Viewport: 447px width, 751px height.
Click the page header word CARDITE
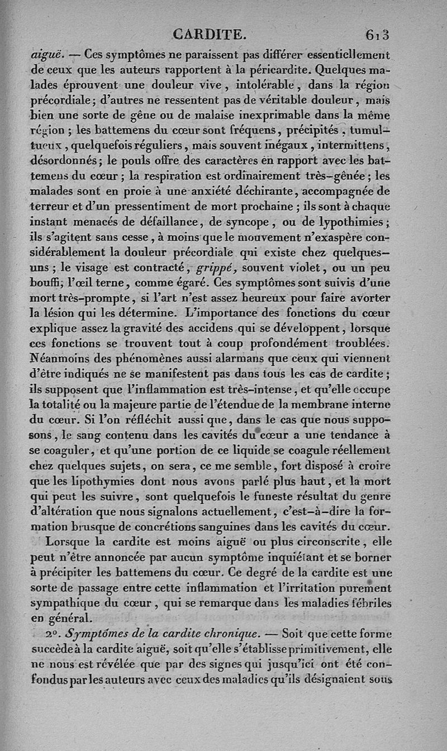(210, 35)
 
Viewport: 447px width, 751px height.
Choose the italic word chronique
(229, 634)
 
